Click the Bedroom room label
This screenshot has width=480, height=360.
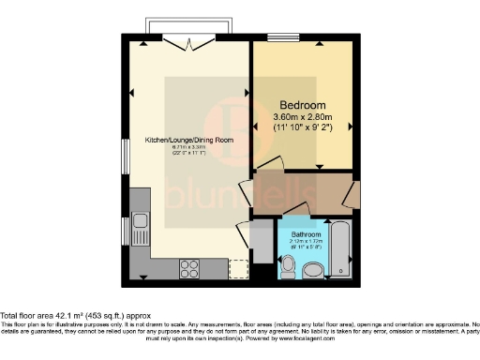302,104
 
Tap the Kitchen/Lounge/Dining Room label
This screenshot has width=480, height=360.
188,140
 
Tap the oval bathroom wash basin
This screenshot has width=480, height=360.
312,271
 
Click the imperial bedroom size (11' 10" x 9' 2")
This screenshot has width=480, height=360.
303,126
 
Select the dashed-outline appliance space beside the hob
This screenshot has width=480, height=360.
239,267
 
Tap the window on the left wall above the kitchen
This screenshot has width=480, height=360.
127,156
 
